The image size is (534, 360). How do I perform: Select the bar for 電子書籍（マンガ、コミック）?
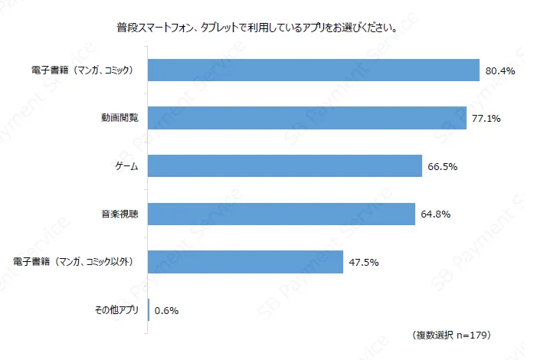pyautogui.click(x=313, y=70)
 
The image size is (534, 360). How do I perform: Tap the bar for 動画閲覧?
pyautogui.click(x=306, y=118)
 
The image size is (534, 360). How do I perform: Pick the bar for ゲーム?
pyautogui.click(x=284, y=165)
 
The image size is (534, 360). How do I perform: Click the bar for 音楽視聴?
pyautogui.click(x=281, y=214)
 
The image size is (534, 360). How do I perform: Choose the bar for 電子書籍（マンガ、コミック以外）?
pyautogui.click(x=245, y=262)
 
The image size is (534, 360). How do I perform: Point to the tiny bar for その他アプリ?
pyautogui.click(x=149, y=310)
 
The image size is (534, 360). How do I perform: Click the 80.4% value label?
pyautogui.click(x=500, y=70)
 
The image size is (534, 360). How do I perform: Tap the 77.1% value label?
pyautogui.click(x=486, y=119)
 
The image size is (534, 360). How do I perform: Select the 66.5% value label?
pyautogui.click(x=443, y=166)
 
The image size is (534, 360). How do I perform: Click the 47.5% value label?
pyautogui.click(x=364, y=262)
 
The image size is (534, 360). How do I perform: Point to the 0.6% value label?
pyautogui.click(x=166, y=310)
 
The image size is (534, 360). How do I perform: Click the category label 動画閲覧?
pyautogui.click(x=120, y=119)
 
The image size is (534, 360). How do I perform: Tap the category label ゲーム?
pyautogui.click(x=126, y=166)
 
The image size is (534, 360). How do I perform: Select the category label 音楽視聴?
pyautogui.click(x=120, y=214)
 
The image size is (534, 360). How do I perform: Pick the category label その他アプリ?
pyautogui.click(x=115, y=310)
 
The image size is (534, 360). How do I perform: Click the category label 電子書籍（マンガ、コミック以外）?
pyautogui.click(x=74, y=262)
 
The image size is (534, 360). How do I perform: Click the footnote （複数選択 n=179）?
pyautogui.click(x=451, y=335)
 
